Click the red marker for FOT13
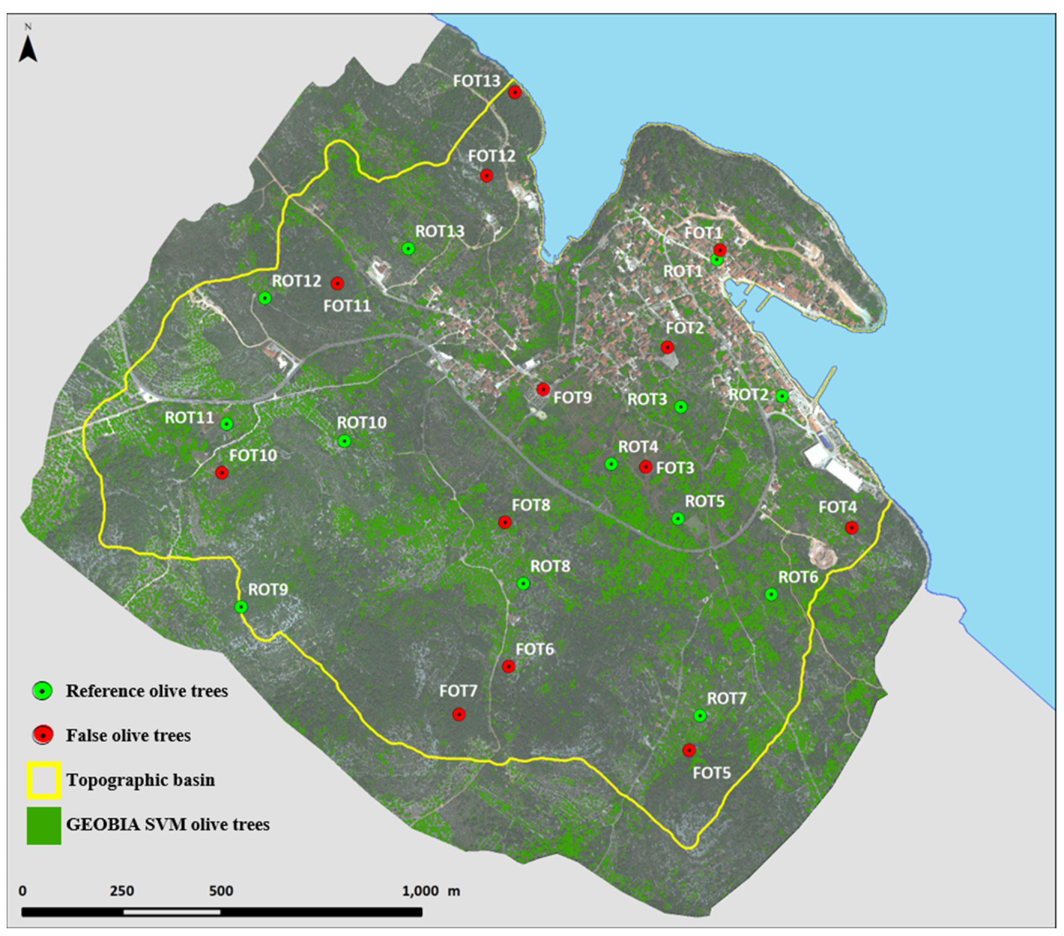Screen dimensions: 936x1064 515,93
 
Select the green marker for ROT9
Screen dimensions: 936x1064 240,607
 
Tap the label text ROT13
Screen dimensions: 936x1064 439,231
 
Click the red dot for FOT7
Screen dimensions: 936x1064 458,714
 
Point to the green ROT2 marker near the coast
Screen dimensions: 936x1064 782,397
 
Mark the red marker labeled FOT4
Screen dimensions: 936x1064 852,527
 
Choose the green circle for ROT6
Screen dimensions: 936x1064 771,594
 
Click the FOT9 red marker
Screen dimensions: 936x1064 543,389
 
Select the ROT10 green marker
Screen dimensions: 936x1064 344,441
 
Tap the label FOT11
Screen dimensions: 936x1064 347,306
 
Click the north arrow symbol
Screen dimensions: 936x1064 28,50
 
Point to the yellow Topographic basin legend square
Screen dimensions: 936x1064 44,780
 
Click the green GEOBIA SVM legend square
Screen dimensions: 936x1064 44,825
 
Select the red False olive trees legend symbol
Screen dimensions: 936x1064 43,735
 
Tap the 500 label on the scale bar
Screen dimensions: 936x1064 221,891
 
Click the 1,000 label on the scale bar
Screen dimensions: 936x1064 421,891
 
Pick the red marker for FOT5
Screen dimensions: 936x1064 689,750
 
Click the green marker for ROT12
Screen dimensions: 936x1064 265,298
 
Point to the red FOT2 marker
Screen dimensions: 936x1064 667,347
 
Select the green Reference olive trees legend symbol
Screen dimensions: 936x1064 43,691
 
